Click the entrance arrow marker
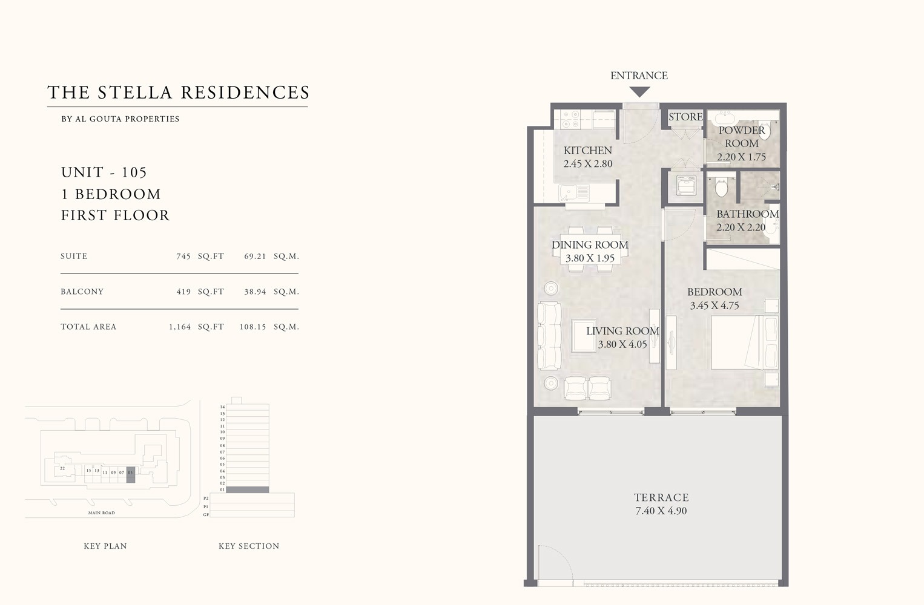pyautogui.click(x=639, y=92)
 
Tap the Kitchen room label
pyautogui.click(x=587, y=150)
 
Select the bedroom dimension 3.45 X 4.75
pyautogui.click(x=714, y=306)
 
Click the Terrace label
pyautogui.click(x=661, y=497)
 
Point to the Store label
pyautogui.click(x=685, y=117)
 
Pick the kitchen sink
pyautogui.click(x=573, y=193)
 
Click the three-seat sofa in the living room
pyautogui.click(x=549, y=336)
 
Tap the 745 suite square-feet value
pyautogui.click(x=183, y=257)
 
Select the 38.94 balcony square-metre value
pyautogui.click(x=255, y=292)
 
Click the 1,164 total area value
pyautogui.click(x=180, y=327)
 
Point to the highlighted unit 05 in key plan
pyautogui.click(x=130, y=473)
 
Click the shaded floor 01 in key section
pyautogui.click(x=247, y=489)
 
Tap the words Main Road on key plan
pyautogui.click(x=101, y=513)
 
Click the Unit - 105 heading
pyautogui.click(x=104, y=172)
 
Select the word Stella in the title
pyautogui.click(x=135, y=93)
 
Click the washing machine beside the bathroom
pyautogui.click(x=685, y=185)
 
